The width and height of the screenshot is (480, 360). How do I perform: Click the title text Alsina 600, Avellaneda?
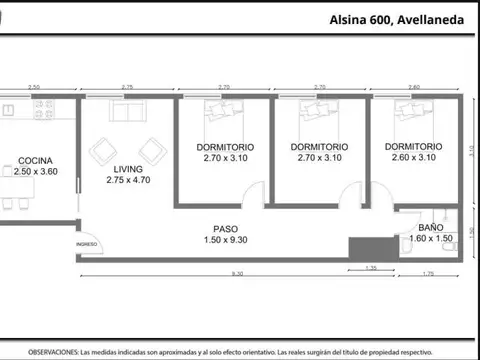pos(397,19)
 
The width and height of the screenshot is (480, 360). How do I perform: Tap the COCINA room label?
pos(35,160)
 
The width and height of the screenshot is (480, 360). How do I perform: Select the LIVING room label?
pos(127,169)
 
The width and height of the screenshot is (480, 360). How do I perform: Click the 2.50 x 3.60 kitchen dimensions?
pos(36,172)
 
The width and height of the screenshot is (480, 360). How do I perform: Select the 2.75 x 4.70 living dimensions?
pos(128,181)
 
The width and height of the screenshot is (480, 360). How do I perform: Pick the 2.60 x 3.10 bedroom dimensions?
pos(414,158)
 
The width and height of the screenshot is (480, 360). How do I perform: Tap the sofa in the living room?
pos(127,113)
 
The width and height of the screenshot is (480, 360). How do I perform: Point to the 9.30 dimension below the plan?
pos(236,273)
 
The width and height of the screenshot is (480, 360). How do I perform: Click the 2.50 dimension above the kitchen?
pos(35,88)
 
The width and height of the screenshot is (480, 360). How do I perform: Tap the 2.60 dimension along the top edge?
pos(414,88)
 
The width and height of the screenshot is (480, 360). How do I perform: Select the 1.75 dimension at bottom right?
pos(428,273)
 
